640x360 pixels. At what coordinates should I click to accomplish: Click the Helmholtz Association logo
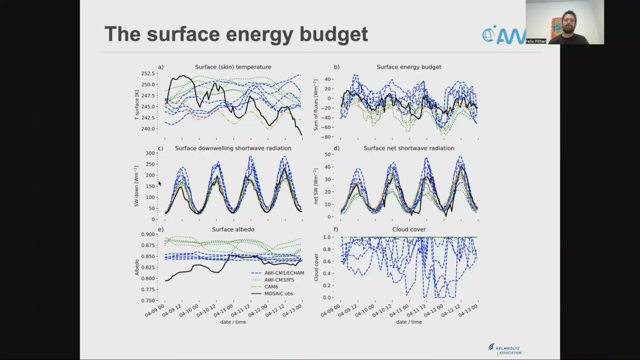point(505,349)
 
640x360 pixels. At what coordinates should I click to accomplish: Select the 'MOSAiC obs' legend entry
point(278,293)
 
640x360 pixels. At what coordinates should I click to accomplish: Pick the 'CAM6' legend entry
point(271,286)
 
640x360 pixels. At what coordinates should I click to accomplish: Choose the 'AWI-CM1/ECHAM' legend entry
point(284,273)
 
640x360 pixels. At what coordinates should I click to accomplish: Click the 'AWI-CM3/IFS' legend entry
point(279,280)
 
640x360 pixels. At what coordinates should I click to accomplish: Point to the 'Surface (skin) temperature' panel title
point(233,67)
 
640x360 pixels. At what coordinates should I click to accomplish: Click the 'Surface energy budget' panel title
point(409,67)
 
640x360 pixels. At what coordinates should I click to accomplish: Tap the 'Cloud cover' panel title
point(409,229)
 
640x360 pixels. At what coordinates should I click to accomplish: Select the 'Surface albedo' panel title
point(233,229)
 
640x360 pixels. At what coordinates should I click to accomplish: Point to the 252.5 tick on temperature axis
point(147,73)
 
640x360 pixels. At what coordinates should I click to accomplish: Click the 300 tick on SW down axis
point(149,153)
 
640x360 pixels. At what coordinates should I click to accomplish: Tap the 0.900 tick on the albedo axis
point(147,234)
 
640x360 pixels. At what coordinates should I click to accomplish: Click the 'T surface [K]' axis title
point(136,105)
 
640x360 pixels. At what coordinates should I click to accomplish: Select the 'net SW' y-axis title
point(316,186)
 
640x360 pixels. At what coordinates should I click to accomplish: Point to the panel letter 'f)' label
point(336,229)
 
